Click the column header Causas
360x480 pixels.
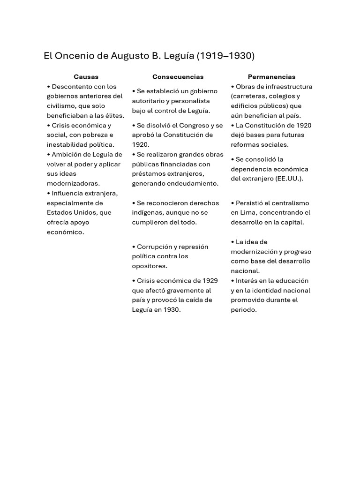(x=86, y=77)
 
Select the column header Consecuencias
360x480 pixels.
(x=178, y=77)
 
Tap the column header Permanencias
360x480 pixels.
(x=272, y=77)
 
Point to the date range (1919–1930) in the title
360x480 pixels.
(x=225, y=56)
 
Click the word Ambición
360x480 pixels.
(x=68, y=154)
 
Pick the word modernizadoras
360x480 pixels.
(x=73, y=183)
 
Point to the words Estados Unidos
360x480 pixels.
(x=71, y=212)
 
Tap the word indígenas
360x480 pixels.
(x=148, y=212)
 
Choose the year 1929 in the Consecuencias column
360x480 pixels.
(x=210, y=281)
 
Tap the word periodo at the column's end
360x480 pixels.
(x=244, y=310)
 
